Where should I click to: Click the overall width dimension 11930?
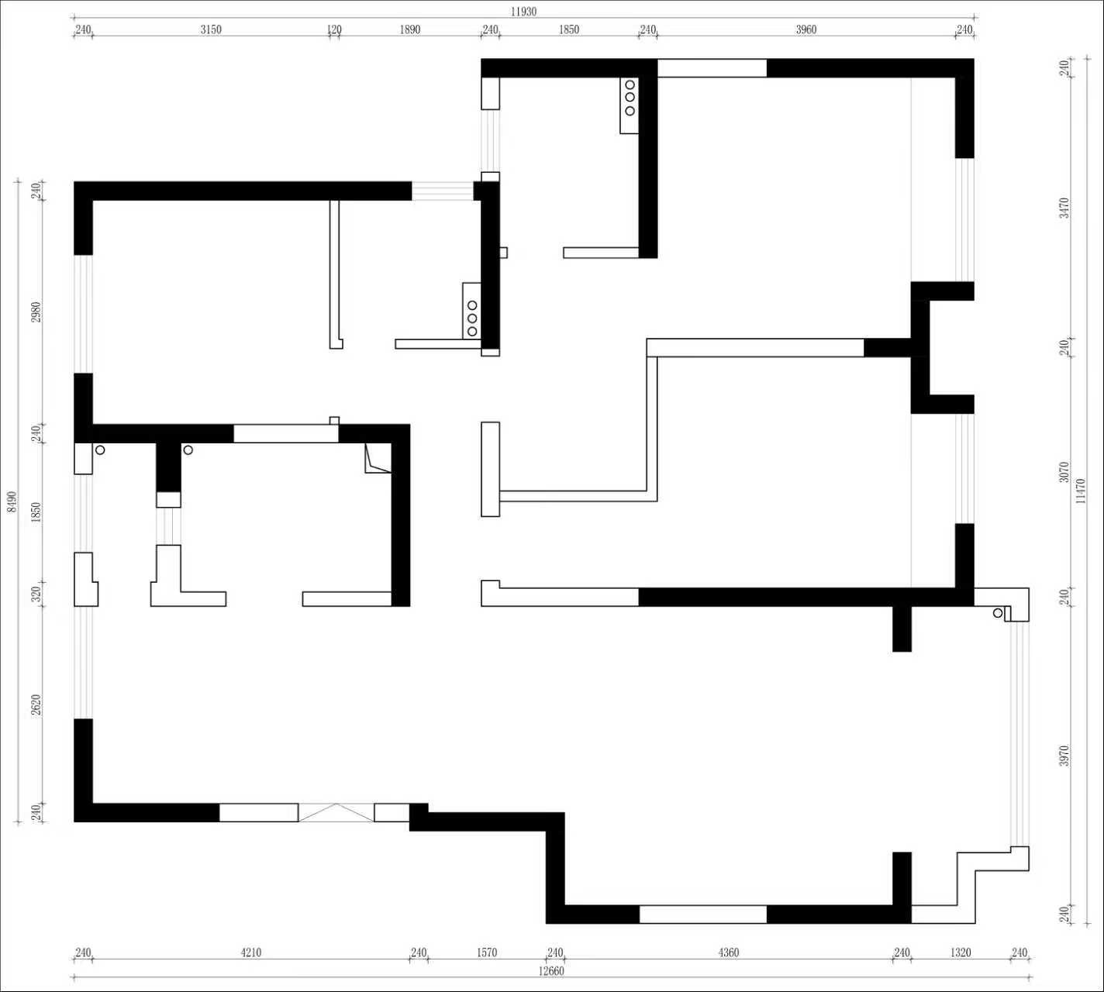click(523, 12)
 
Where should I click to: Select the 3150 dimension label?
click(211, 29)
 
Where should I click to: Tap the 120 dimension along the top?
click(334, 29)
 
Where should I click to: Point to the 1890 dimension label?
click(410, 29)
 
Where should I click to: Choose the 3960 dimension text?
click(806, 29)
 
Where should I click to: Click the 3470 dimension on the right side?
click(1064, 208)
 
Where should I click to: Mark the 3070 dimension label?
click(1064, 472)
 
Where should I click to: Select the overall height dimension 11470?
click(1081, 491)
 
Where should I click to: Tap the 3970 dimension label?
click(1064, 756)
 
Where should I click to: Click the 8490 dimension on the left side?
click(12, 501)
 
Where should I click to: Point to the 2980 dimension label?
click(36, 312)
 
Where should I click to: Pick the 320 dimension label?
click(36, 594)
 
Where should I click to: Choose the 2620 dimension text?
click(36, 704)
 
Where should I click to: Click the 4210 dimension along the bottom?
click(251, 952)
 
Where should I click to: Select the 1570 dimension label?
click(487, 952)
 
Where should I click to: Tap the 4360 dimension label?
click(729, 952)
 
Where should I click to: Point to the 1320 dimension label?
click(961, 952)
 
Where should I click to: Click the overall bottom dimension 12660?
click(551, 971)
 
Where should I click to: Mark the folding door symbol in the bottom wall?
click(336, 813)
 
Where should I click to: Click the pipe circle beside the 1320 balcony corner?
click(998, 613)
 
